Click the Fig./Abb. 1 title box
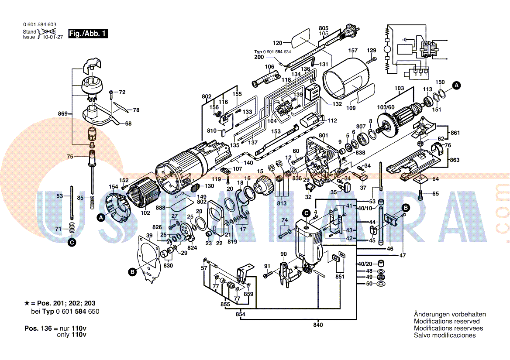(88, 34)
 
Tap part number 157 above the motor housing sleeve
(353, 51)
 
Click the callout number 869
(63, 114)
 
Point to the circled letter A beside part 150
(456, 86)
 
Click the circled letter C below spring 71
(72, 240)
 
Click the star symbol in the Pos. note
(27, 303)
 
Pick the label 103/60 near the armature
(385, 107)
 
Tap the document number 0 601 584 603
(39, 25)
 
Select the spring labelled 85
(93, 202)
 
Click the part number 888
(161, 208)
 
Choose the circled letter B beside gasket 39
(132, 272)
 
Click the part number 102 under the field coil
(145, 213)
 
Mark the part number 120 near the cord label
(278, 43)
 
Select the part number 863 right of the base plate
(455, 160)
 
